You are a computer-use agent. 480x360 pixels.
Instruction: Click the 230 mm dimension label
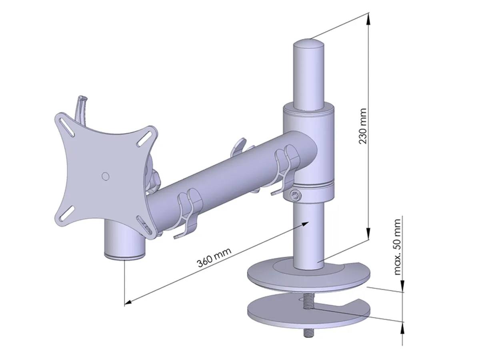tap(363, 126)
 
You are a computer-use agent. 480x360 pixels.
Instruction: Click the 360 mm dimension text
tap(214, 256)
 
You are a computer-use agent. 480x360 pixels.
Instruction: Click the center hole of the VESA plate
tap(105, 176)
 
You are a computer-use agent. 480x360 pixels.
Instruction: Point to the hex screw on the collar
tap(295, 195)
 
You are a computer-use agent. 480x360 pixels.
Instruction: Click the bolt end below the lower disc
tap(310, 332)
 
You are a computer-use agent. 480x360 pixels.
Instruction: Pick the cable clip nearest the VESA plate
tap(187, 212)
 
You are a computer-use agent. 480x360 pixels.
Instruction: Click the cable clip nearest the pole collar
tap(285, 168)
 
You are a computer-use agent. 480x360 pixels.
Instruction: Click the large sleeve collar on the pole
tap(308, 152)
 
